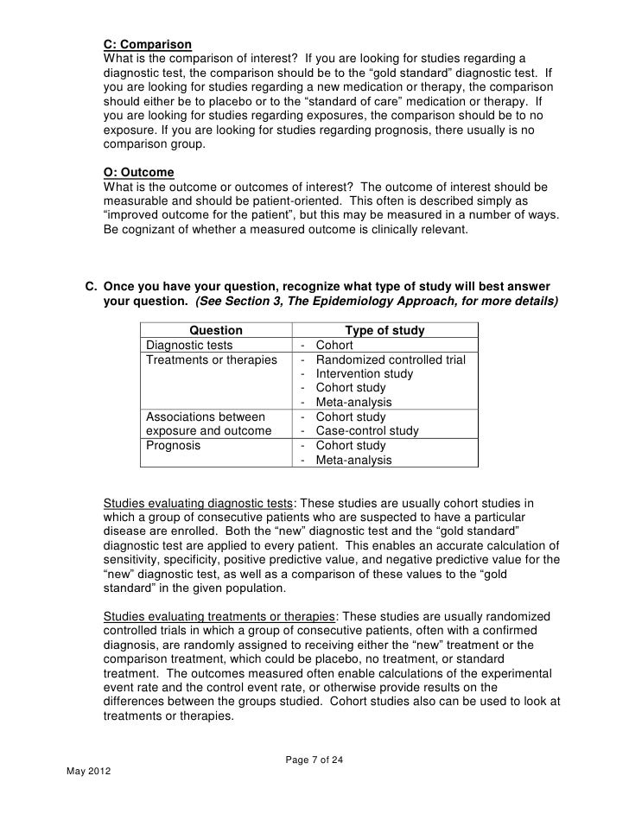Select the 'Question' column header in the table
coord(216,330)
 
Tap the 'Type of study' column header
coord(384,330)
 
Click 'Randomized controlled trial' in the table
coord(391,359)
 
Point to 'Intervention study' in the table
coord(365,374)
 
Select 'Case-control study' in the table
coord(367,431)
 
